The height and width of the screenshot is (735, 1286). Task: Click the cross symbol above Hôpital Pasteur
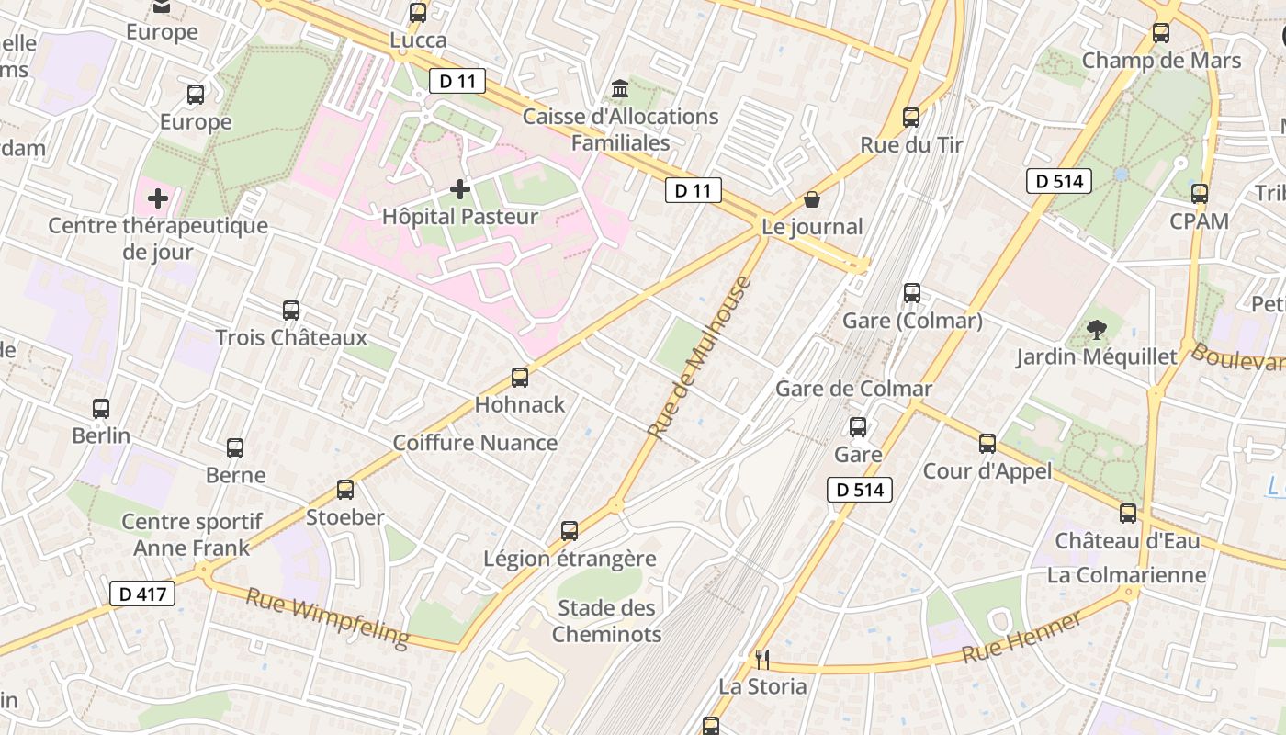click(460, 190)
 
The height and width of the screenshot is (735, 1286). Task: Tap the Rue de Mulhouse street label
click(699, 356)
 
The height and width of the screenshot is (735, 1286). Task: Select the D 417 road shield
click(143, 594)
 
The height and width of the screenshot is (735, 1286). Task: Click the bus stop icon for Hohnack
click(520, 378)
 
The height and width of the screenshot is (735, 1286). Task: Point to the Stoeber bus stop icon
click(345, 490)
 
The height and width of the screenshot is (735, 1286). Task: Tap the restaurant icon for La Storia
click(761, 659)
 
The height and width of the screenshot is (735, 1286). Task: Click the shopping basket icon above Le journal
click(812, 199)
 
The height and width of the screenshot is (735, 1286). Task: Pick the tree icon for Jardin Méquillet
click(1096, 329)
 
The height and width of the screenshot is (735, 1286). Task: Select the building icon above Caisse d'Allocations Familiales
click(620, 89)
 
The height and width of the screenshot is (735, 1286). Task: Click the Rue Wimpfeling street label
click(327, 617)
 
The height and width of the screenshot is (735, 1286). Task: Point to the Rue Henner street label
click(1022, 639)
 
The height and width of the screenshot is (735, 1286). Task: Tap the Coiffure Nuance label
click(475, 443)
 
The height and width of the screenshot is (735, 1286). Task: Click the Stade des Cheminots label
click(607, 620)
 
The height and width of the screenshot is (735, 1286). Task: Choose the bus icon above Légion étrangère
click(570, 531)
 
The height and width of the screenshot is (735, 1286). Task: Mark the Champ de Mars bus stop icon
click(1161, 33)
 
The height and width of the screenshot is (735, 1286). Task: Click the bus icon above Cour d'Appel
click(987, 444)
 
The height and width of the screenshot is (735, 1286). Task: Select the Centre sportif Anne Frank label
click(192, 535)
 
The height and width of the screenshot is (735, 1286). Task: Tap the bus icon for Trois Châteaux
click(291, 311)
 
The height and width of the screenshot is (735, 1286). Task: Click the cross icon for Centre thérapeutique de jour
click(158, 198)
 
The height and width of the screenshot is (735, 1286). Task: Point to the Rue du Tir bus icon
click(911, 118)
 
